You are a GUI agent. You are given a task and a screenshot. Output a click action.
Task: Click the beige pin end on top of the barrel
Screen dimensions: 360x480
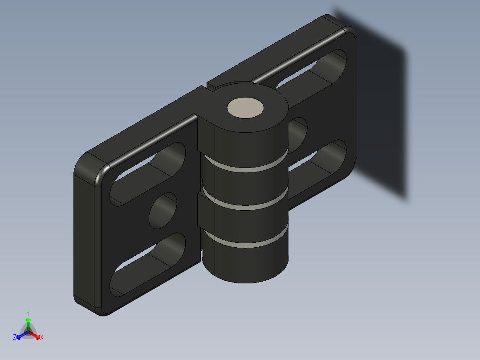coord(245,108)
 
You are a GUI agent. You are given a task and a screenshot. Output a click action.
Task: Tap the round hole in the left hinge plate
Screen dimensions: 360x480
coord(163,211)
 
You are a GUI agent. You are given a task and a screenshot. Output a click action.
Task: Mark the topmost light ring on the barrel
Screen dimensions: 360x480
coord(245,169)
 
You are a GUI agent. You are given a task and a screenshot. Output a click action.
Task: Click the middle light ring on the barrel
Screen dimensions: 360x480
coord(245,207)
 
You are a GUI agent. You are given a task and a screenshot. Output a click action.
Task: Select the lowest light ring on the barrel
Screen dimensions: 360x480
coord(245,244)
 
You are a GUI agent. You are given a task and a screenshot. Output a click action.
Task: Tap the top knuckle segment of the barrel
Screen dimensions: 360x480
coord(245,143)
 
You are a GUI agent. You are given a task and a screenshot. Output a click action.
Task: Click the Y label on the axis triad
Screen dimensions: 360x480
coord(28,313)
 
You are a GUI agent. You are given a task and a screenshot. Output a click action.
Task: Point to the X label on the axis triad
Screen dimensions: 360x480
coord(41,337)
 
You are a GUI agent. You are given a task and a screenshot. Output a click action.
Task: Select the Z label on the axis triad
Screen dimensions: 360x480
coord(15,337)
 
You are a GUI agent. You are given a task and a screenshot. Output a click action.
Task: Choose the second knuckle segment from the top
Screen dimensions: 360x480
coord(245,187)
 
